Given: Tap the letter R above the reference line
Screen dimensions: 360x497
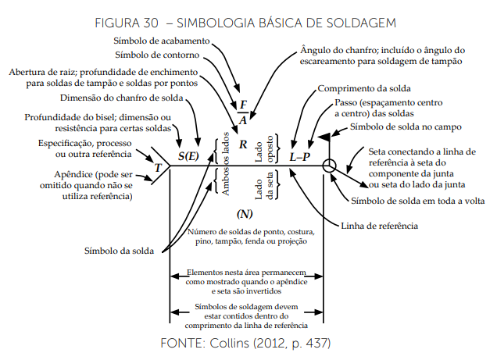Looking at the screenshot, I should [243, 145].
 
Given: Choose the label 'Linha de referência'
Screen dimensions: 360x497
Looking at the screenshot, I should [379, 226].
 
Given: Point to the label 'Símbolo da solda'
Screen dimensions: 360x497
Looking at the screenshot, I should [120, 251].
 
